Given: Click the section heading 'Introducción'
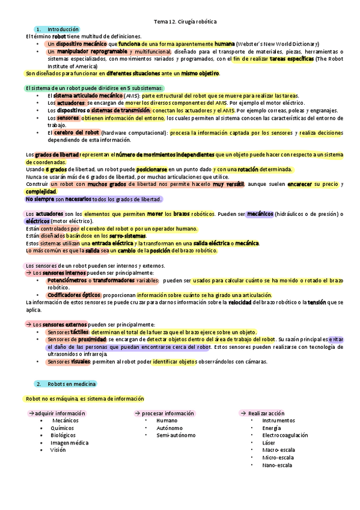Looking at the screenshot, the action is (x=63, y=29).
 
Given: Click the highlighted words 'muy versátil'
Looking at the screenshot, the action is (x=228, y=184).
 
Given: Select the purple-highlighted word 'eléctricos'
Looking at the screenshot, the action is (x=37, y=221).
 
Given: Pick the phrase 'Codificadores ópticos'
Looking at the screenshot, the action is (x=74, y=295).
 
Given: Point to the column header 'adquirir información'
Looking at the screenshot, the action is (x=59, y=414).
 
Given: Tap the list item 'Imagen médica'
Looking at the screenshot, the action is (x=69, y=443).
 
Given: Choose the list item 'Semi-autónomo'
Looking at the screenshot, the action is (x=175, y=435).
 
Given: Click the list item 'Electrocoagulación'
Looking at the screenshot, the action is (x=285, y=435).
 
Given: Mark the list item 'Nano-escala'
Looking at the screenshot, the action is (x=277, y=465).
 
